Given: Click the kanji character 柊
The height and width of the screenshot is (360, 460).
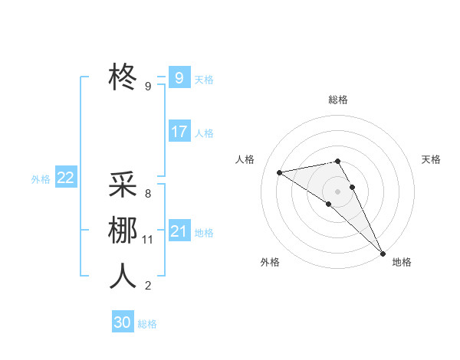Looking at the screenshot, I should pyautogui.click(x=123, y=76).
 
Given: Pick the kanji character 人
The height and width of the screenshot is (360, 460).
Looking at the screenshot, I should pyautogui.click(x=123, y=276).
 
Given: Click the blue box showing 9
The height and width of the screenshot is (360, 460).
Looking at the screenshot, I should pyautogui.click(x=179, y=77).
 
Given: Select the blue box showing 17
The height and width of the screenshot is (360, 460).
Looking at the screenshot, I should pyautogui.click(x=179, y=132).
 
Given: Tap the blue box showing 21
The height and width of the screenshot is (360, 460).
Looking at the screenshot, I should pyautogui.click(x=179, y=231).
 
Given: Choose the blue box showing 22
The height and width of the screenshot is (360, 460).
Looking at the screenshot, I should pyautogui.click(x=65, y=178).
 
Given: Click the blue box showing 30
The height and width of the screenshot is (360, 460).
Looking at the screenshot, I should pyautogui.click(x=122, y=322).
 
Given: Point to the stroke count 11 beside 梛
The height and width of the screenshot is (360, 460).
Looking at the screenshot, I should pyautogui.click(x=148, y=240).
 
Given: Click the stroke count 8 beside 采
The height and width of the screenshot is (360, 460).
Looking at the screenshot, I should pyautogui.click(x=148, y=194).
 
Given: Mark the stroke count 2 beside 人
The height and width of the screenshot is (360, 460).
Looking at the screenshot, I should pyautogui.click(x=148, y=286).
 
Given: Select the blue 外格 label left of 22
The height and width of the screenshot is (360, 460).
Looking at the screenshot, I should pyautogui.click(x=41, y=179).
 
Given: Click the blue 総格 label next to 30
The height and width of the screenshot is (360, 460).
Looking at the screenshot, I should pyautogui.click(x=147, y=324).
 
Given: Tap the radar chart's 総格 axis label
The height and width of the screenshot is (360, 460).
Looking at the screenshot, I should pyautogui.click(x=338, y=100).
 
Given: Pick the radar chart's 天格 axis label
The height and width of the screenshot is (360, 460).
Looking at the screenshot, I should pyautogui.click(x=431, y=159).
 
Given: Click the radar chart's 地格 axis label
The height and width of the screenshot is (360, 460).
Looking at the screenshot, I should pyautogui.click(x=402, y=262).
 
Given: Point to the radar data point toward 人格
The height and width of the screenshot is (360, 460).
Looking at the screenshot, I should pyautogui.click(x=279, y=172).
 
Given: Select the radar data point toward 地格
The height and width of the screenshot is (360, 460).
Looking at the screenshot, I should pyautogui.click(x=382, y=253).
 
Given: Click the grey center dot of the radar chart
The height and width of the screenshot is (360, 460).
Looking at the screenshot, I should pyautogui.click(x=337, y=191).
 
